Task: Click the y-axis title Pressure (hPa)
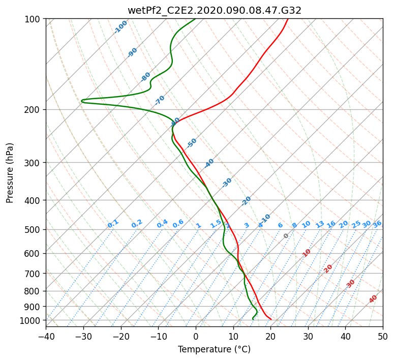[x=10, y=172]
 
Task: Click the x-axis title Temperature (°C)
[x=214, y=349]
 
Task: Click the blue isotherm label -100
[x=121, y=26]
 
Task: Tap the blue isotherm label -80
[x=146, y=76]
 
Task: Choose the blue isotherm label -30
[x=227, y=183]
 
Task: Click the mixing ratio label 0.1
[x=113, y=224]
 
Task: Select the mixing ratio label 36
[x=377, y=224]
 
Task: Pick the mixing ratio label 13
[x=320, y=224]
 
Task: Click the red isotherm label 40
[x=373, y=299]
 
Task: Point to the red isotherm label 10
[x=307, y=253]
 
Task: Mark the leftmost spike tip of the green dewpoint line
[x=81, y=101]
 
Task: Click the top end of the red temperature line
[x=288, y=19]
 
